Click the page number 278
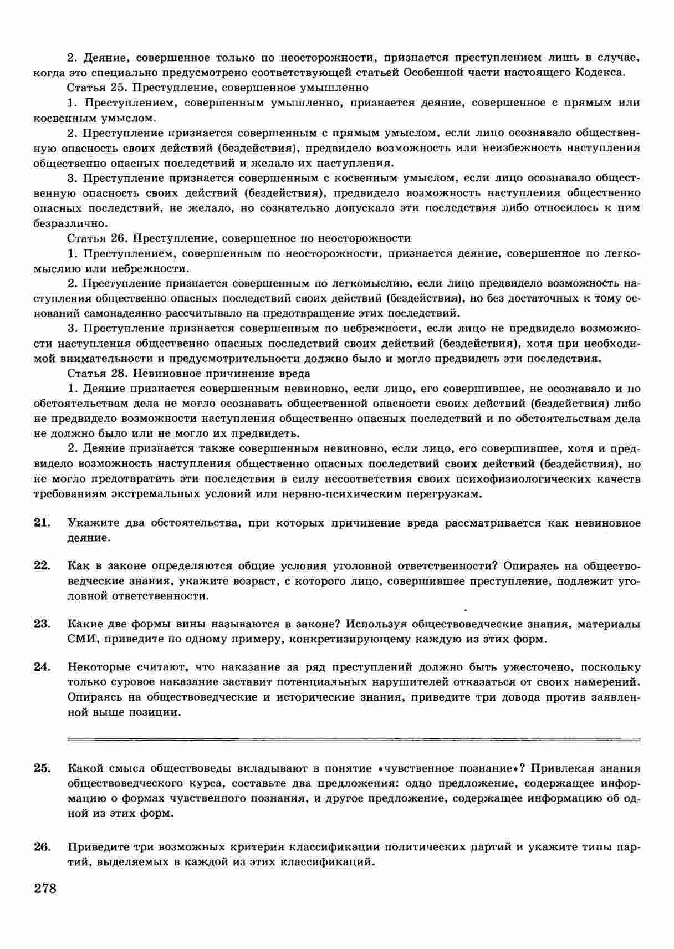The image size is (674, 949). click(x=45, y=889)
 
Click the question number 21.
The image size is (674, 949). click(x=42, y=523)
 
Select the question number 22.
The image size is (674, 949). click(x=42, y=566)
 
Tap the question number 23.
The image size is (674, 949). click(x=42, y=624)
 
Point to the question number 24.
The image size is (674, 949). click(x=42, y=667)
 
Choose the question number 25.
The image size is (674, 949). click(x=42, y=768)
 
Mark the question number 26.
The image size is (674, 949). click(x=42, y=848)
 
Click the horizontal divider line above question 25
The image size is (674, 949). click(x=353, y=739)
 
